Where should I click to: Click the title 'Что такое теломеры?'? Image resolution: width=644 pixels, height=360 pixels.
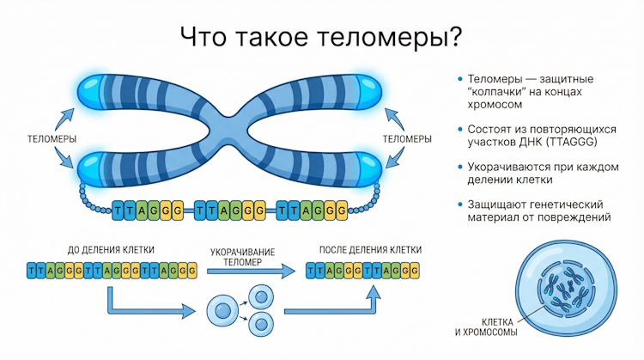[x=321, y=36]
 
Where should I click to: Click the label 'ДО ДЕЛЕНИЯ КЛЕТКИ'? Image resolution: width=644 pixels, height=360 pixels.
[x=111, y=250]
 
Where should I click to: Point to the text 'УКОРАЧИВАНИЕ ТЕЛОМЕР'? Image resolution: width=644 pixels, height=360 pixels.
[x=243, y=257]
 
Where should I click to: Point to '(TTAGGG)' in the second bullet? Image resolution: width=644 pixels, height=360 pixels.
[x=573, y=143]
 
